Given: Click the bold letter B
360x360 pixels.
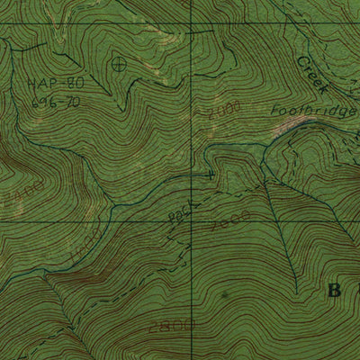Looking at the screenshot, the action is tap(331, 291).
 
